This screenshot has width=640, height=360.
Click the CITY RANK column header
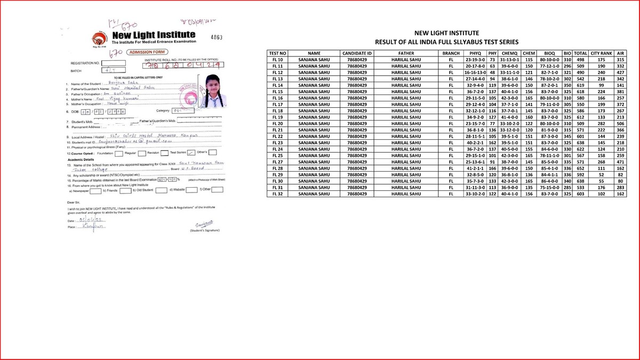601,53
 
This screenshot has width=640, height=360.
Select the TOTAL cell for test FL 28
581,168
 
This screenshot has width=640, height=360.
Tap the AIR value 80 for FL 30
620,181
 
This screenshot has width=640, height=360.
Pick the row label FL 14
277,85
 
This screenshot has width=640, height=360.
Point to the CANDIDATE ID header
357,53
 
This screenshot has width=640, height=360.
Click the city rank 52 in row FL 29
601,174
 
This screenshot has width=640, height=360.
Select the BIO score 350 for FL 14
567,85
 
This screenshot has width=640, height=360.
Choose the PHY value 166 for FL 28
493,168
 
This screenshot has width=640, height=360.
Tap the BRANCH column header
451,53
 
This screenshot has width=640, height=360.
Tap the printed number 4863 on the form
215,37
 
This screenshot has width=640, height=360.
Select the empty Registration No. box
114,63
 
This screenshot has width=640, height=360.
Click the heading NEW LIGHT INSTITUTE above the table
447,33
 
